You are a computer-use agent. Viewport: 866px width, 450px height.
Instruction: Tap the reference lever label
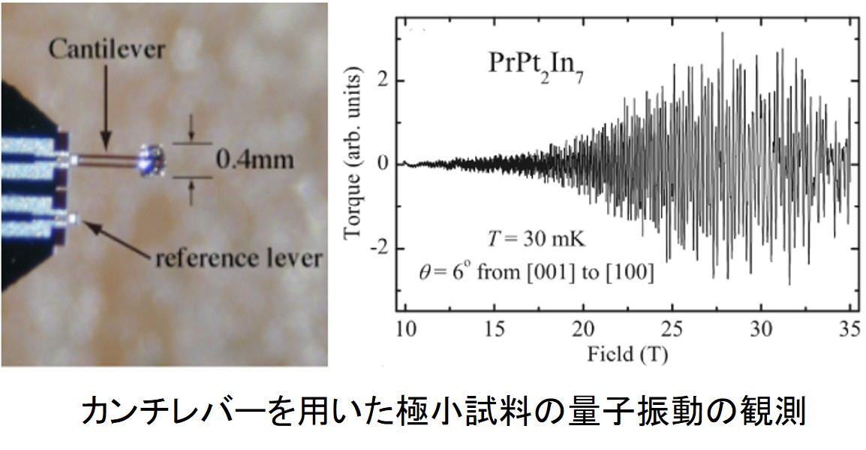coord(239,259)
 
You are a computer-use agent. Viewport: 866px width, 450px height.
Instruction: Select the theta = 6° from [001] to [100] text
coord(536,273)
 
